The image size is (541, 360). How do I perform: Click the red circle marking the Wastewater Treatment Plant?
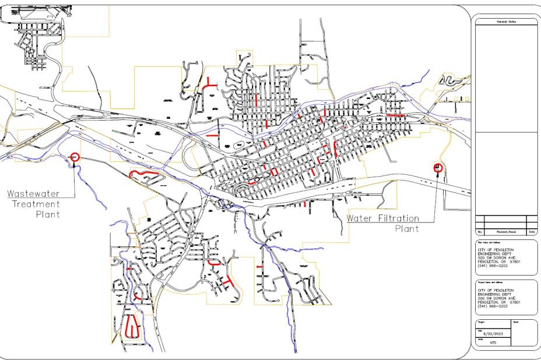(x=75, y=156)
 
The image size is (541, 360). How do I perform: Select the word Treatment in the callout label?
(x=37, y=204)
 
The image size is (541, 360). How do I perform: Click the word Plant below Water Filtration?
(x=406, y=228)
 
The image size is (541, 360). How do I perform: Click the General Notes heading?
(x=506, y=22)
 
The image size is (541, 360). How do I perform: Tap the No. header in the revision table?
(x=479, y=232)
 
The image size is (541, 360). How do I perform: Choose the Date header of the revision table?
(x=532, y=232)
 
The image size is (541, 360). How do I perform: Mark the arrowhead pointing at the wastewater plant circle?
(x=75, y=165)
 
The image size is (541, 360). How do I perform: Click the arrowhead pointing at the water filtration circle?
(x=437, y=174)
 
